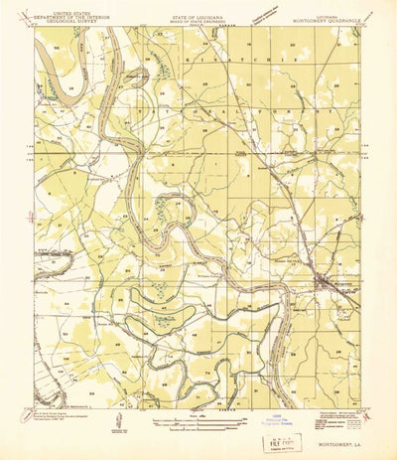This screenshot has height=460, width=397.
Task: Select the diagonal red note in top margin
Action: click(270, 14)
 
